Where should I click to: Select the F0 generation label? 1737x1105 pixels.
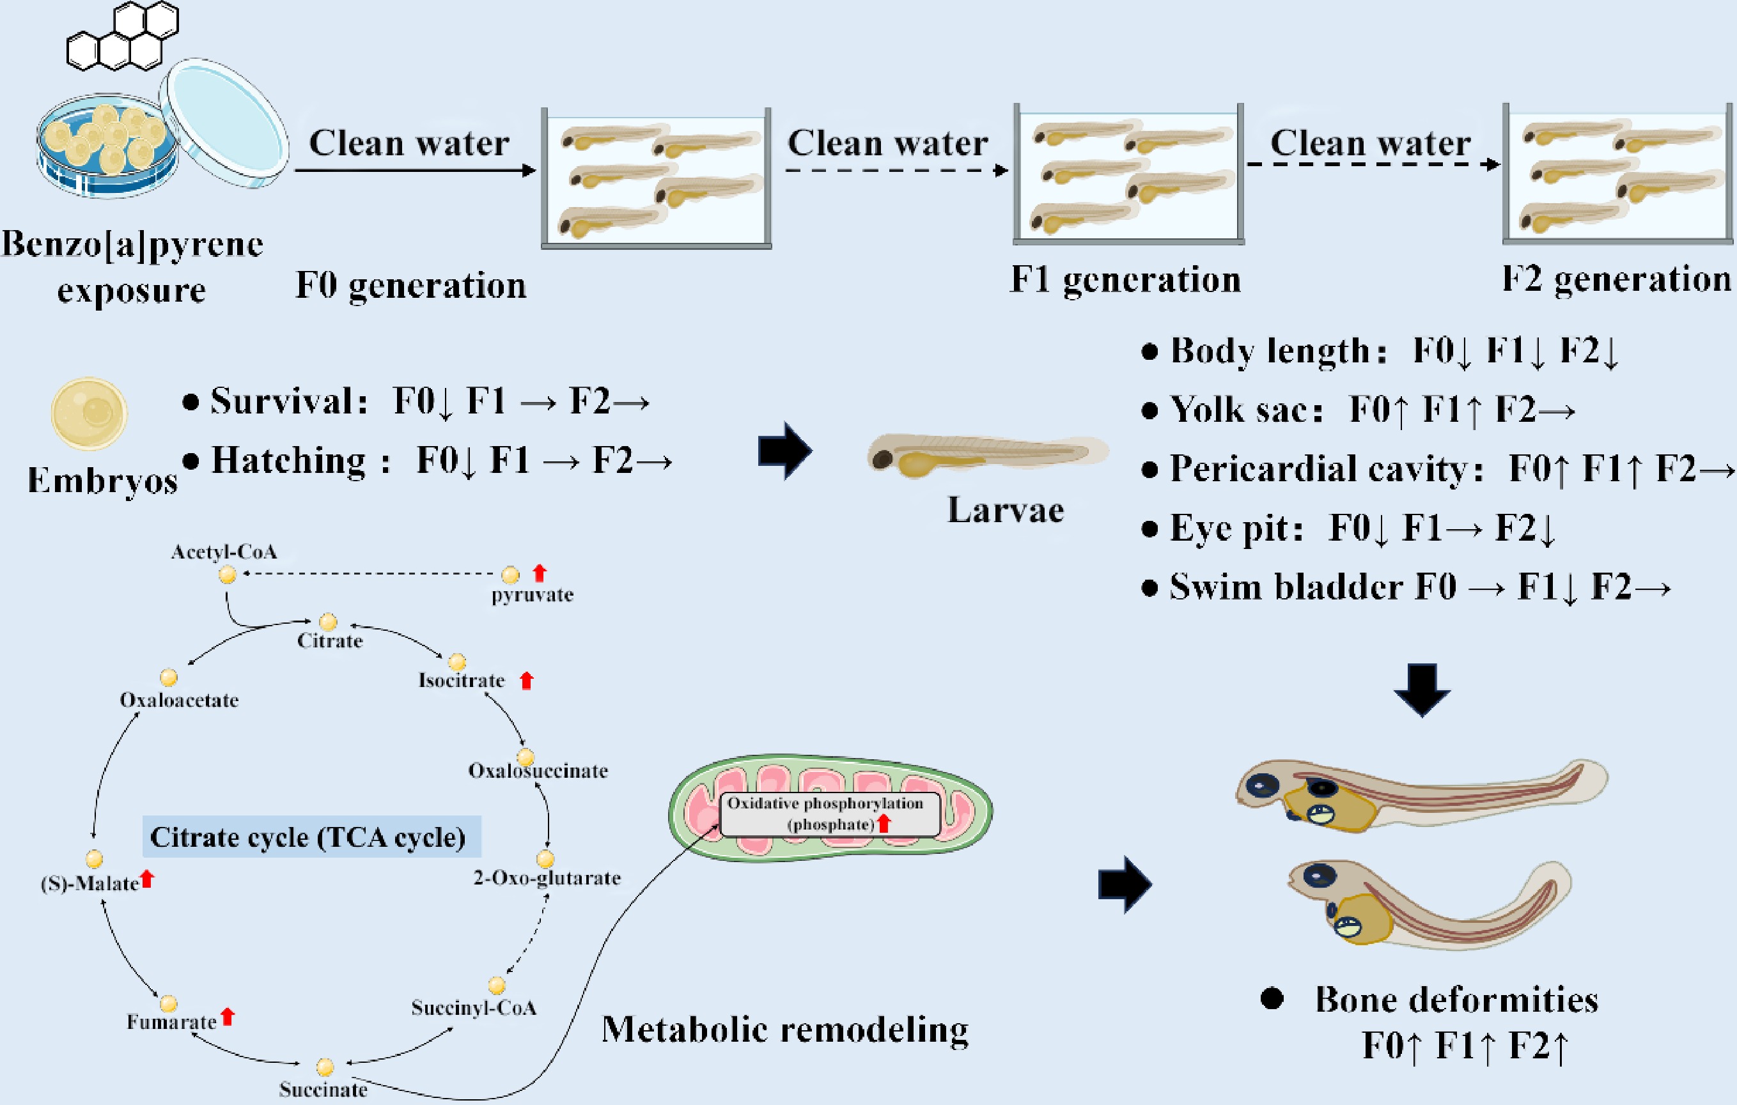410,286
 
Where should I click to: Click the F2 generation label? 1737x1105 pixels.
1616,279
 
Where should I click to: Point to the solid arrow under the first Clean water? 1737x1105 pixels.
415,170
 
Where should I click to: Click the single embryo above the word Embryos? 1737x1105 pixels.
90,414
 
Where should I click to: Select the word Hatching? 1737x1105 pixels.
288,460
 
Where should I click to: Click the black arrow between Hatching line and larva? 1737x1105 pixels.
785,451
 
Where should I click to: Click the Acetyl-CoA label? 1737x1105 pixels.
224,552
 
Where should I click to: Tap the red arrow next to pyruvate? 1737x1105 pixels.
540,573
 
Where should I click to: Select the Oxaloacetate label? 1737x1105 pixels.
179,700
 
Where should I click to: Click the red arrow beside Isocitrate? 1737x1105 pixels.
527,680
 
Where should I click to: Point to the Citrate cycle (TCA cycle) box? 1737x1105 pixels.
311,837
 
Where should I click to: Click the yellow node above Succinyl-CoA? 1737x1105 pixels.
496,985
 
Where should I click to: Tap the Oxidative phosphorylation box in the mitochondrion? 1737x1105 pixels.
830,814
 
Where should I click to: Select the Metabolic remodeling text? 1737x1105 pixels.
785,1029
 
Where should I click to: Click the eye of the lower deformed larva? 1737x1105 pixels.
1319,876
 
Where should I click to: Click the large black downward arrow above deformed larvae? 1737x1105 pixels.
1422,690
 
